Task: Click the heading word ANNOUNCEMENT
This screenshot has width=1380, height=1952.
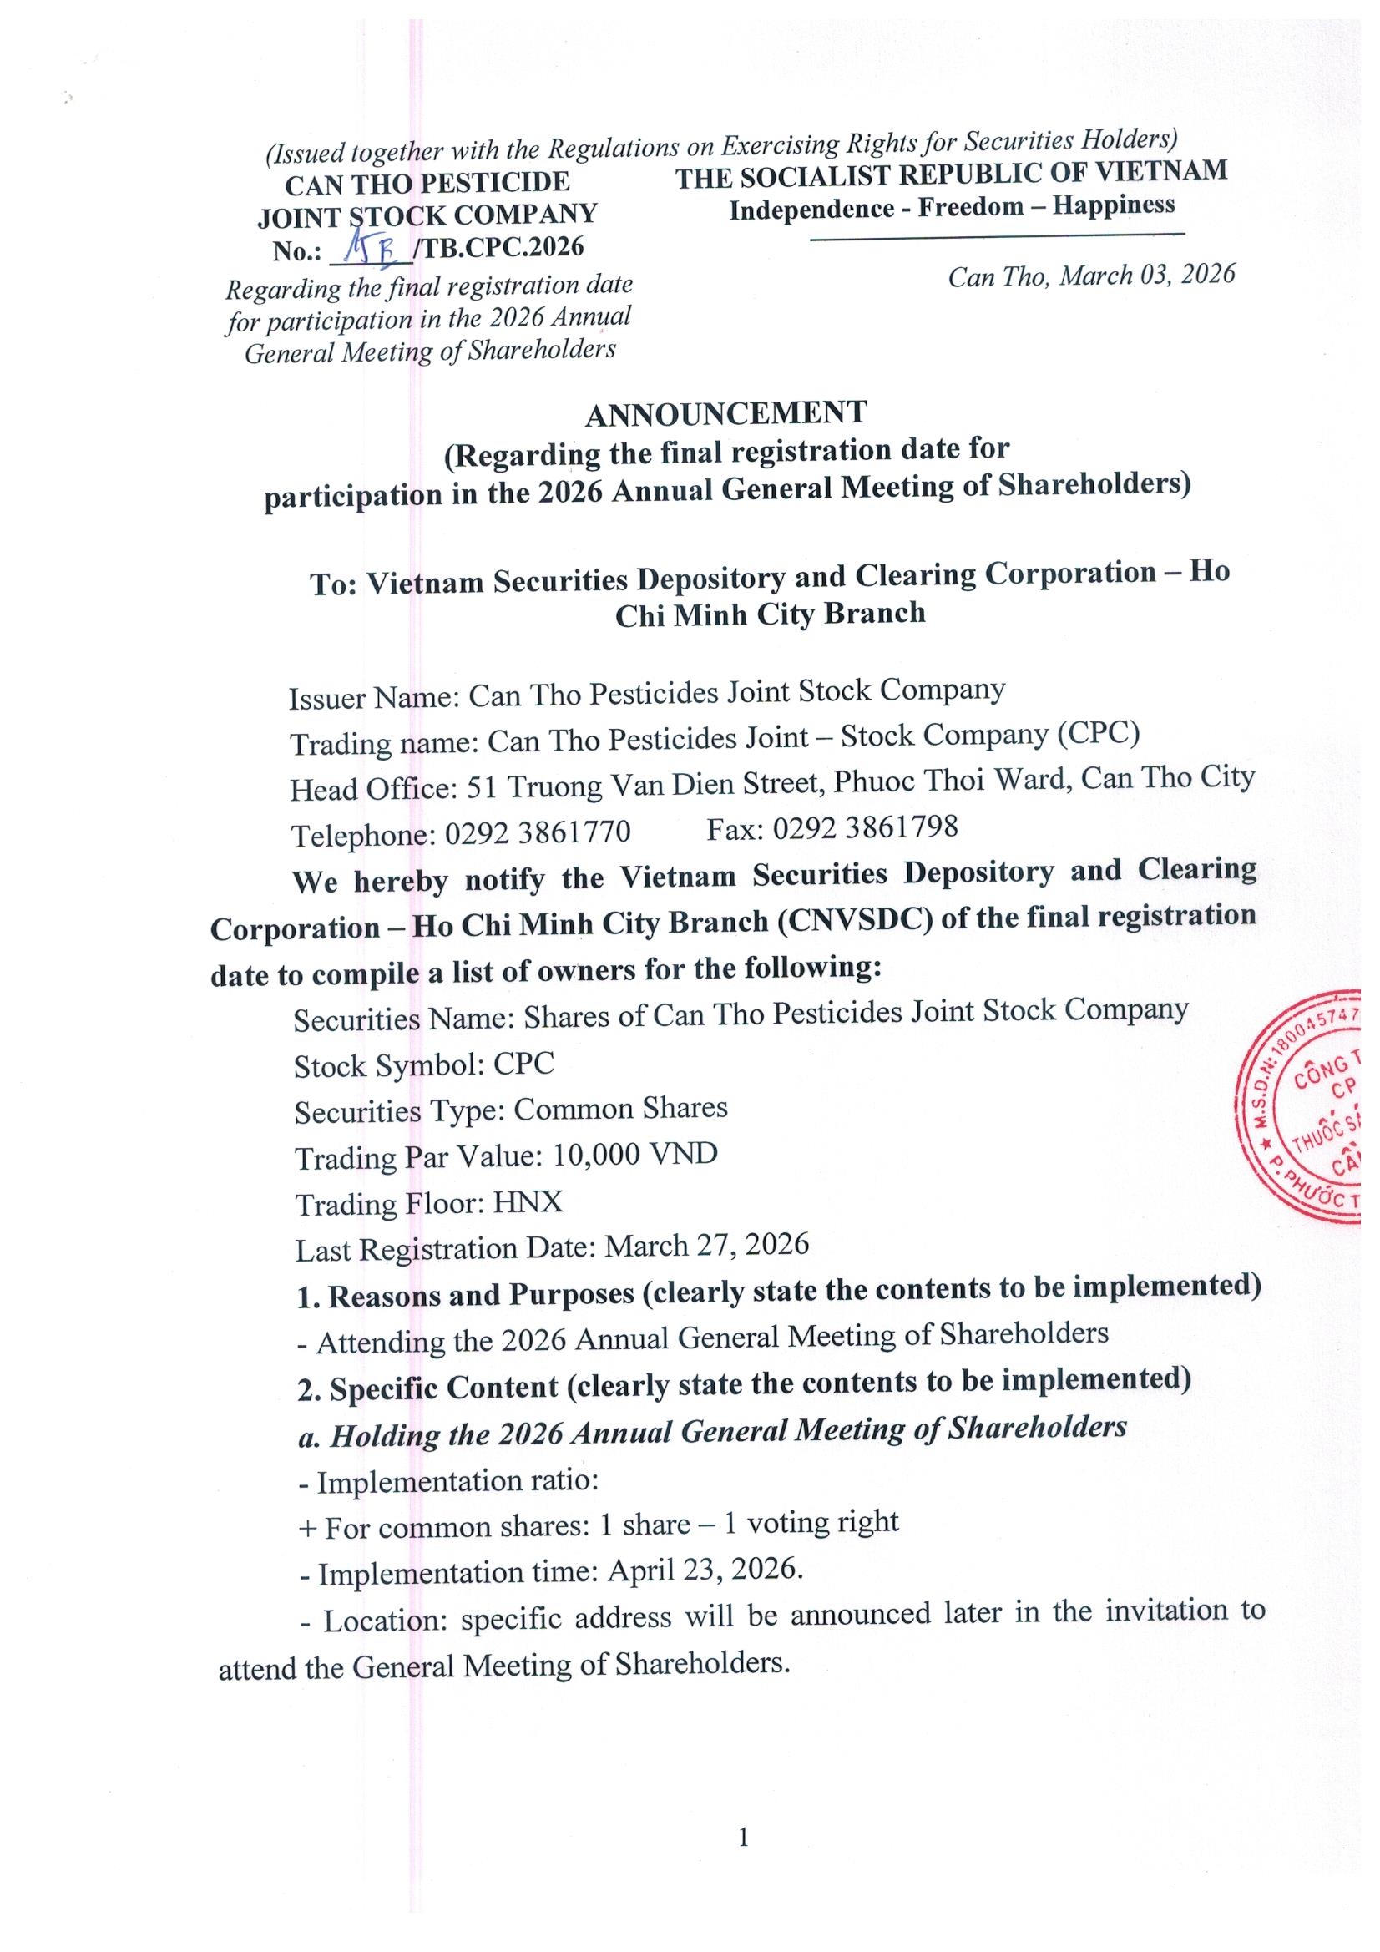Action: [x=725, y=413]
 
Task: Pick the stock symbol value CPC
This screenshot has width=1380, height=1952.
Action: [x=523, y=1064]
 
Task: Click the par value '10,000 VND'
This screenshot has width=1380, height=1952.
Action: [x=634, y=1155]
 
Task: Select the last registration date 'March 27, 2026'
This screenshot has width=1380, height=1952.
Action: [x=706, y=1246]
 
